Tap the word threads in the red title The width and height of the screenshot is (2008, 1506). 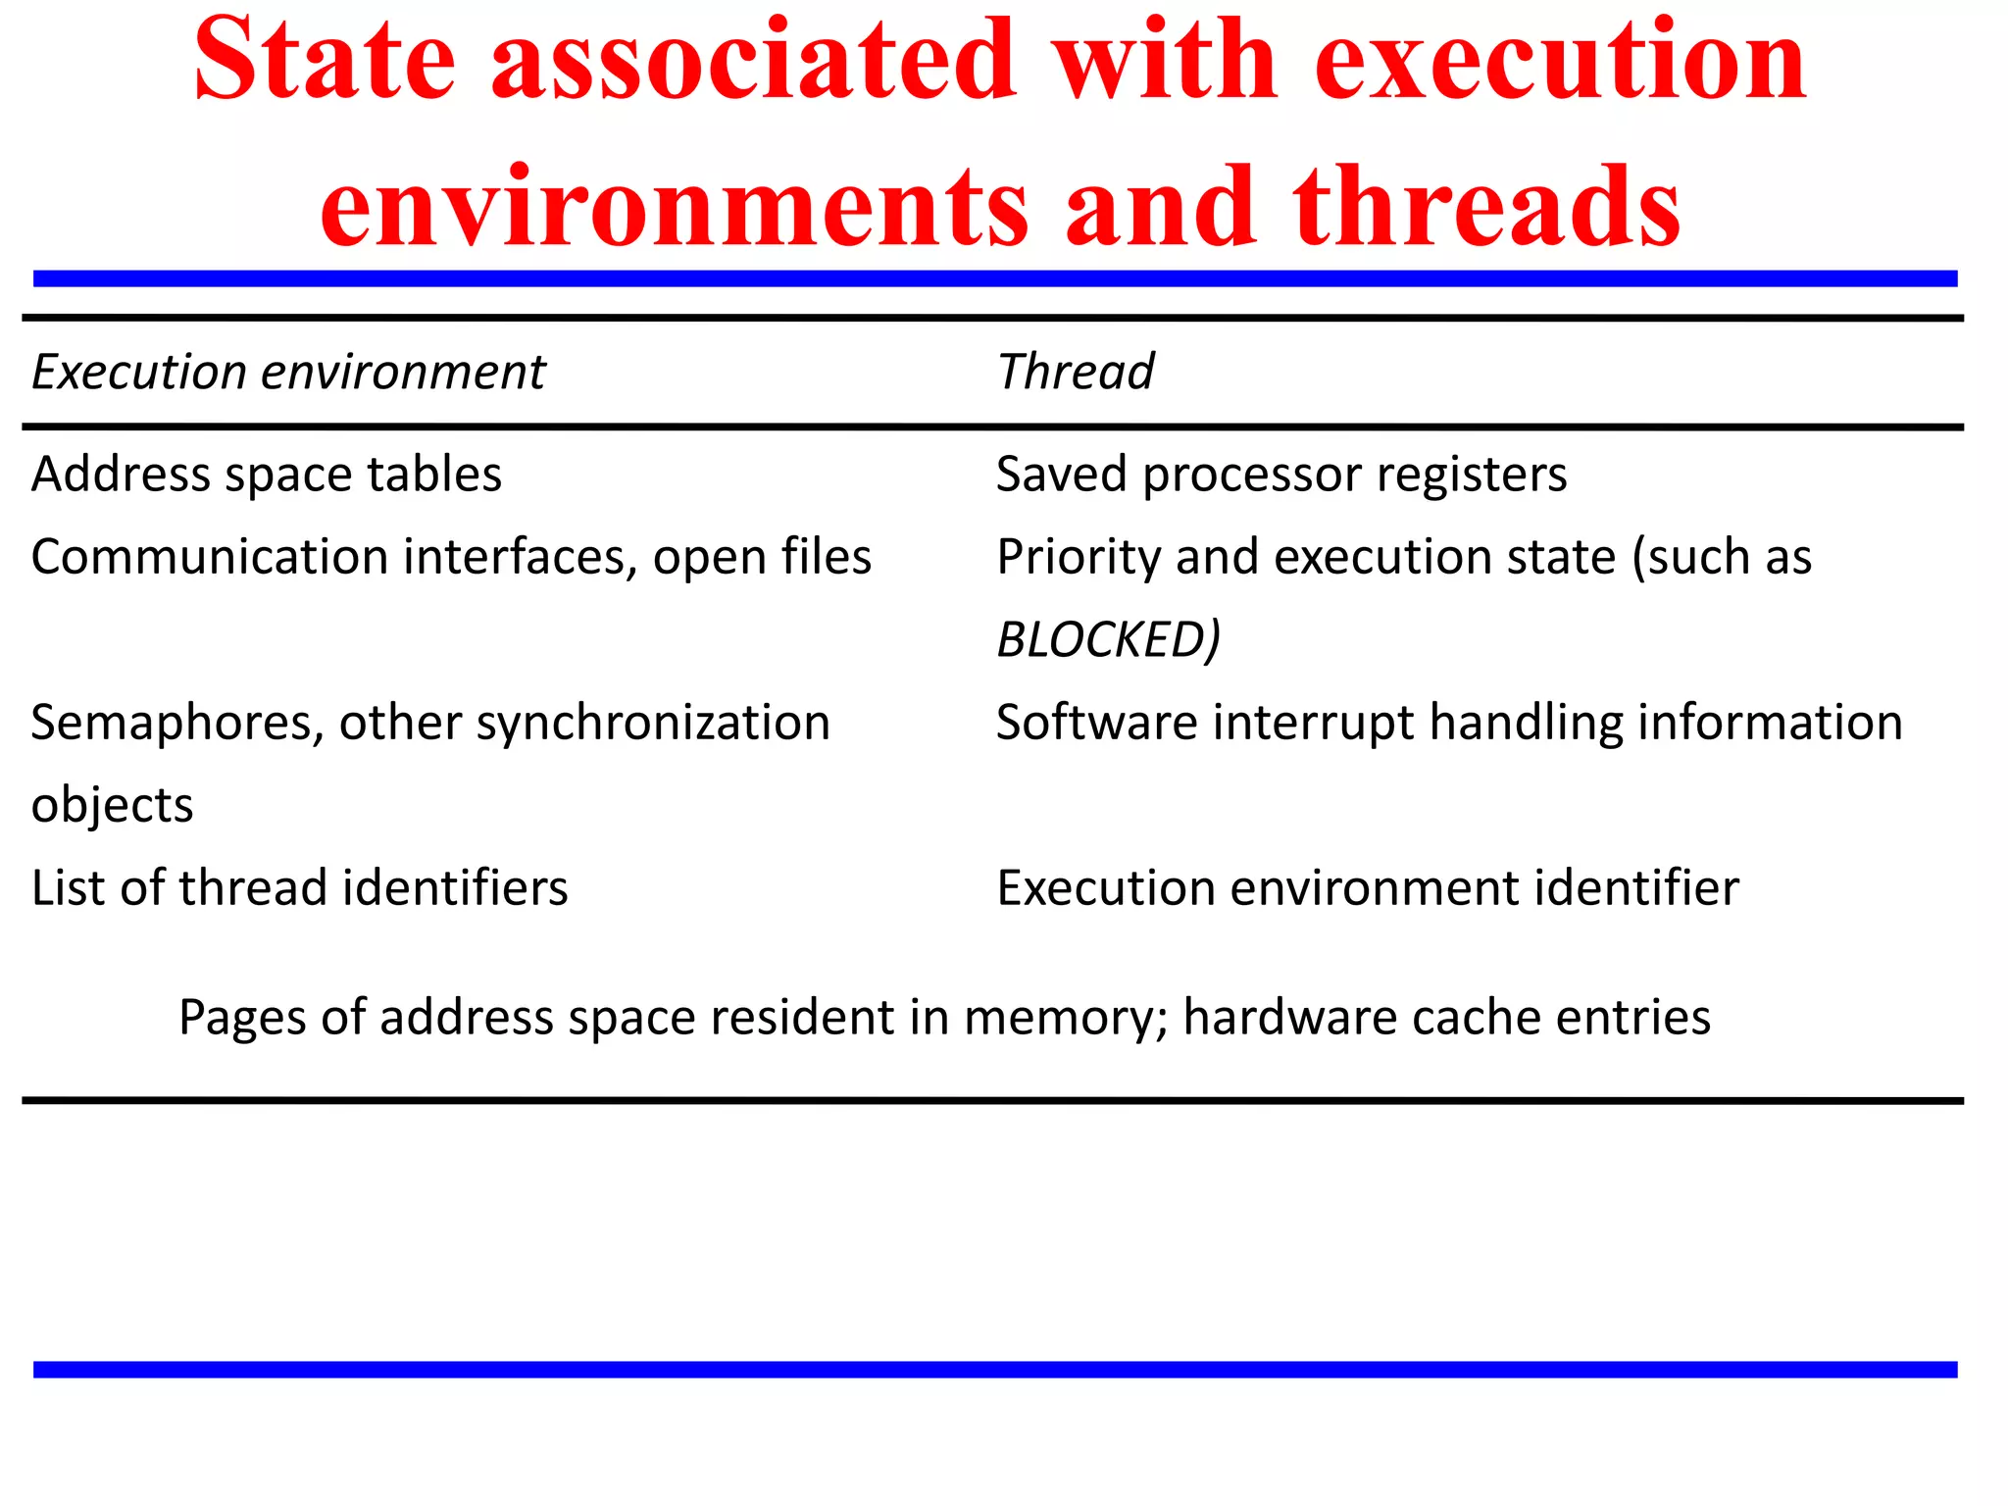click(1486, 206)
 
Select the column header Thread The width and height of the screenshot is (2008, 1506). click(1075, 373)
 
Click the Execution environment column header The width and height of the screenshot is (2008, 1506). click(288, 373)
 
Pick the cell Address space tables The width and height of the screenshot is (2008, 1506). click(266, 475)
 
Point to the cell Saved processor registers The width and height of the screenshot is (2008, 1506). click(1281, 475)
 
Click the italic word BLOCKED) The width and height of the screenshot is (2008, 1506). click(1108, 640)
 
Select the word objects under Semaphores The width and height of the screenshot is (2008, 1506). click(112, 806)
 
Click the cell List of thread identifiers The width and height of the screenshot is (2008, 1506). click(299, 888)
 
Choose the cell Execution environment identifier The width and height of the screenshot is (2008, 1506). click(1368, 888)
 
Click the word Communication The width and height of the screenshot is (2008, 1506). click(210, 558)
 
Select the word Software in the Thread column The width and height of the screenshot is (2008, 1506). click(1096, 724)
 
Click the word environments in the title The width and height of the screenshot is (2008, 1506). click(675, 206)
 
